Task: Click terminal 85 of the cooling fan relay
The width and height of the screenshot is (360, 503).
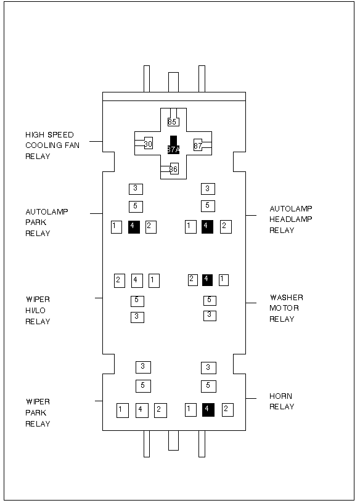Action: pos(173,122)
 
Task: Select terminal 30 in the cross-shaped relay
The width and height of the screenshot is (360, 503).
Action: pos(148,144)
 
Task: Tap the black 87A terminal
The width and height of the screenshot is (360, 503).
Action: pos(173,145)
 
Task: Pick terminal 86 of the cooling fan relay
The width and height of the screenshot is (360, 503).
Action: pos(174,169)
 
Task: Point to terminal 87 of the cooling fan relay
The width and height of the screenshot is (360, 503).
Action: pos(198,145)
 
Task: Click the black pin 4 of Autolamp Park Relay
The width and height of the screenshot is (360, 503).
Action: pos(134,227)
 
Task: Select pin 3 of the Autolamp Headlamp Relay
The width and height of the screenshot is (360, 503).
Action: pos(208,189)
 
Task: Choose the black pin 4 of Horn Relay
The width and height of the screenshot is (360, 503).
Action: pos(208,410)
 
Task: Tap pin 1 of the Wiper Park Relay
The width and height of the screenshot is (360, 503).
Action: pos(123,411)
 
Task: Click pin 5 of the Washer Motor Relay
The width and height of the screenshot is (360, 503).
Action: pos(210,301)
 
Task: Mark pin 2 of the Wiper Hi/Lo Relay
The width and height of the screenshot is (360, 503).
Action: pos(120,280)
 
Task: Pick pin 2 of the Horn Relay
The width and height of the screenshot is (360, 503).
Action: pos(228,410)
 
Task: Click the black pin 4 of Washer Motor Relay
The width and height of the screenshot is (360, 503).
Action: pos(207,280)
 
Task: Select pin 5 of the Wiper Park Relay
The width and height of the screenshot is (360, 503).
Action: pos(143,386)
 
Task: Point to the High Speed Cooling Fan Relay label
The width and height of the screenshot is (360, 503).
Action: pos(52,145)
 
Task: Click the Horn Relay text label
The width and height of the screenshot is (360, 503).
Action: pos(282,401)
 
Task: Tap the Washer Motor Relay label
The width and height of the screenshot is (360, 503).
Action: pos(286,308)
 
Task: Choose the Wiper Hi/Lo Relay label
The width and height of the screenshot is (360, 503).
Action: pos(38,310)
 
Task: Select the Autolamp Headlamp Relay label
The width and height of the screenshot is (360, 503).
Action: pos(291,219)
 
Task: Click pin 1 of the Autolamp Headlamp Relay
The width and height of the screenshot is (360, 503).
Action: pos(191,227)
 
